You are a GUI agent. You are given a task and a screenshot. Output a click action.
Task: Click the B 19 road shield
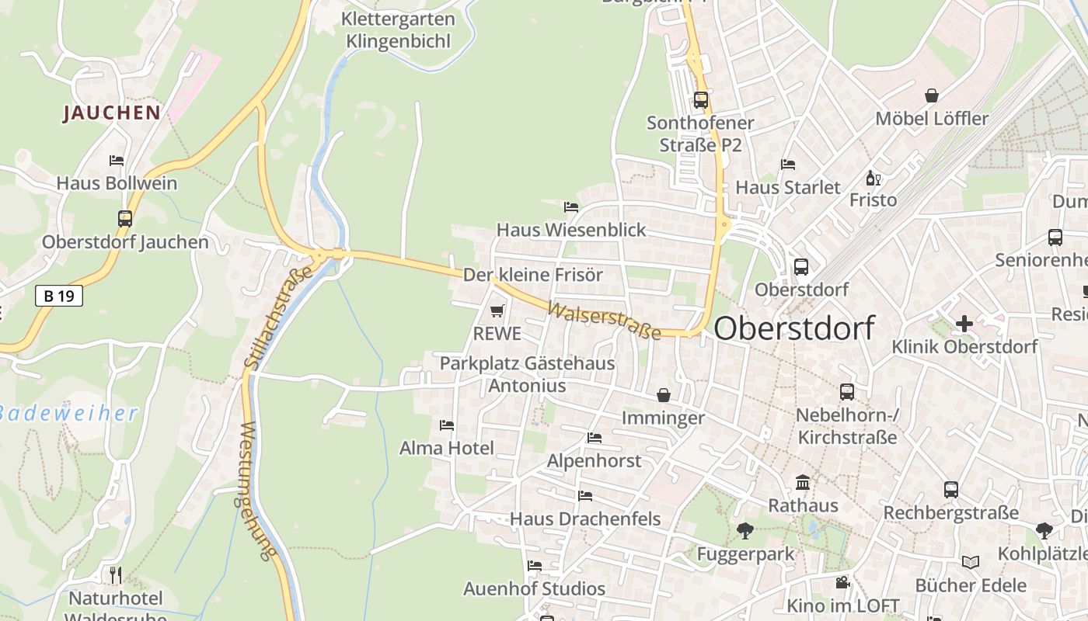(x=59, y=295)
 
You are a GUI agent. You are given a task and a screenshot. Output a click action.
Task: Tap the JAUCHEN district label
(x=111, y=113)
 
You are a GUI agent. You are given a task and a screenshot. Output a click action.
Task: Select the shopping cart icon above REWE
(x=497, y=311)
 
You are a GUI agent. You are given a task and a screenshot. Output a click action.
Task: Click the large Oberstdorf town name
(x=794, y=328)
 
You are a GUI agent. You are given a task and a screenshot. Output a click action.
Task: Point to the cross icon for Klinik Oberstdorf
(x=964, y=324)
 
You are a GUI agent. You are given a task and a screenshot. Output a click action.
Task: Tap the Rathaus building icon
(x=803, y=483)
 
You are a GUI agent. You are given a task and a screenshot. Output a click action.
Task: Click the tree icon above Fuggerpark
(x=745, y=531)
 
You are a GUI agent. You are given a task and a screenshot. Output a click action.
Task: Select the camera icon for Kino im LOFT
(x=842, y=582)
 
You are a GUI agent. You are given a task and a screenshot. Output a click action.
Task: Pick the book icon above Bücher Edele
(x=970, y=562)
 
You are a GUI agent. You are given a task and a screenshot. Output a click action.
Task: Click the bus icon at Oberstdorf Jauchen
(x=125, y=219)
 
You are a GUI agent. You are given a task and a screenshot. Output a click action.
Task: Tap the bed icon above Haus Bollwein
(x=117, y=161)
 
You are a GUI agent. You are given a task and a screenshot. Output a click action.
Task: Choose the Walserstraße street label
(x=604, y=320)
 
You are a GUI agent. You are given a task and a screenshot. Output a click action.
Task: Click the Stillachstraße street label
(x=277, y=317)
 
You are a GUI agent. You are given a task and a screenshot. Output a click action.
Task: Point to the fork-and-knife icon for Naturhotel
(x=116, y=575)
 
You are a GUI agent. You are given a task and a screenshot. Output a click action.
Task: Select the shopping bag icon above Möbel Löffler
(x=931, y=96)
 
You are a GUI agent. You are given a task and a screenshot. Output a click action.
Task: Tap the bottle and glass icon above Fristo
(x=873, y=179)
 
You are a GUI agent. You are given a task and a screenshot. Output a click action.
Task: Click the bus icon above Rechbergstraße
(x=950, y=490)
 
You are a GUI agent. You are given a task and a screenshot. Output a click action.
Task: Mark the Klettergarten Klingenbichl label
(x=398, y=29)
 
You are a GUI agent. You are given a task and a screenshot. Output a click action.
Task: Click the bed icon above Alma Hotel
(x=447, y=425)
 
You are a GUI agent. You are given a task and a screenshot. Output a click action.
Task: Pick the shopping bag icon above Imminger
(x=663, y=395)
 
